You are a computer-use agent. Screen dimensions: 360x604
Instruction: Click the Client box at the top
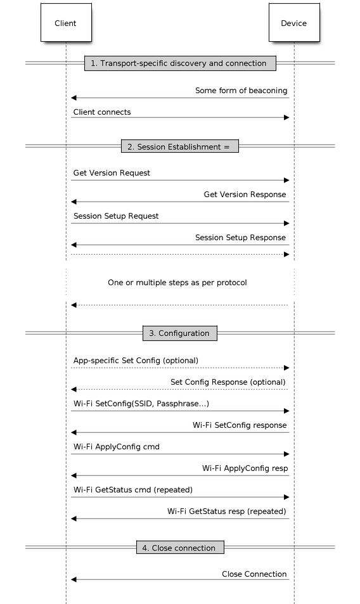tap(66, 22)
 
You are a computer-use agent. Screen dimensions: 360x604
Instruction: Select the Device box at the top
tap(294, 22)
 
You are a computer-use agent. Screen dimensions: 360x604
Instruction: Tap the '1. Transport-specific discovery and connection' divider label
tap(180, 63)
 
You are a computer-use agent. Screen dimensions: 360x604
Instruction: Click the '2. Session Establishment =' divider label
tap(180, 146)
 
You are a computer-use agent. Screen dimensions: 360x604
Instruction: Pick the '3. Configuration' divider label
tap(180, 333)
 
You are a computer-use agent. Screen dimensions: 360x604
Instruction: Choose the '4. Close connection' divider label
tap(180, 548)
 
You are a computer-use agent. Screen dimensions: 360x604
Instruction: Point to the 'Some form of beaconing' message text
tap(241, 91)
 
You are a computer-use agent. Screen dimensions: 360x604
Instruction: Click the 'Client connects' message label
tap(102, 112)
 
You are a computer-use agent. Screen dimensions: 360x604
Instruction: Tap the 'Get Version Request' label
tap(112, 173)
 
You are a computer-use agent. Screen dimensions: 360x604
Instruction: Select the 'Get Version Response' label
tap(245, 195)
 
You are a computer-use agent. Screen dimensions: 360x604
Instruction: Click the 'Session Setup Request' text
tap(116, 216)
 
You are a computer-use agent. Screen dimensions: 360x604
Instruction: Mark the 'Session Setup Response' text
tap(240, 238)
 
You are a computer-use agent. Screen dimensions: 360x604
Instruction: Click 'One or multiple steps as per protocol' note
tap(177, 283)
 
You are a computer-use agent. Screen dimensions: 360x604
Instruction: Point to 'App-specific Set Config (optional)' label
tap(136, 361)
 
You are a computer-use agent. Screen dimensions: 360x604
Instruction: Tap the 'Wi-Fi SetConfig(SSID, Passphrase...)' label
tap(141, 404)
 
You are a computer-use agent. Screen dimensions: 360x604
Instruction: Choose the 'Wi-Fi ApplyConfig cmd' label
tap(116, 447)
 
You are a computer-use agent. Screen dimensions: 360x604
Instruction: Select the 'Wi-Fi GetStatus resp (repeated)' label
tap(227, 511)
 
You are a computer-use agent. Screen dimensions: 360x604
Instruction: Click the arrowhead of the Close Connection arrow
tap(74, 579)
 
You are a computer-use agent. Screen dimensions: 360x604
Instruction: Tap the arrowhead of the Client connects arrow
tap(286, 117)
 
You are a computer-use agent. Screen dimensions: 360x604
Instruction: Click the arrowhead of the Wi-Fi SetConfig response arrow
tap(74, 433)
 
